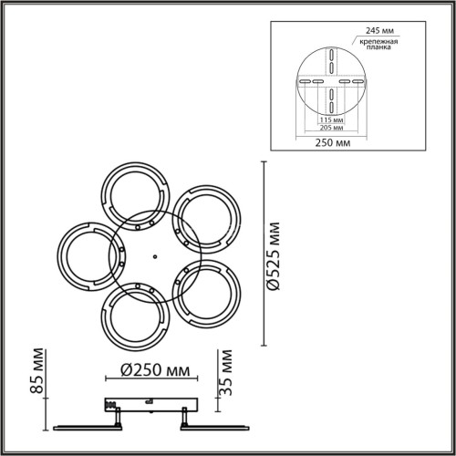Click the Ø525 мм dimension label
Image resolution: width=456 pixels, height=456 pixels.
coord(273,256)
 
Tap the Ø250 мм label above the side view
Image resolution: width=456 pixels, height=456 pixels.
coord(155,370)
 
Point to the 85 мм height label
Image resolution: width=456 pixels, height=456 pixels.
coord(37,371)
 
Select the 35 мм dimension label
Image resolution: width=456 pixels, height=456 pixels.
coord(225,373)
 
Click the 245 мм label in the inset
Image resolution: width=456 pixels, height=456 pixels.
coord(379,31)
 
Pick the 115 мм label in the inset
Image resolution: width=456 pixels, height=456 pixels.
coord(332,119)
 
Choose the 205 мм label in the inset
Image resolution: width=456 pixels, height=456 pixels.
coord(332,128)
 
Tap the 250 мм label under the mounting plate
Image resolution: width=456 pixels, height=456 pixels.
coord(333,142)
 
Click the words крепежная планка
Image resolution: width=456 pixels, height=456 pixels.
coord(378,45)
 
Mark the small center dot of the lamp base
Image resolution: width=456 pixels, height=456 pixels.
coord(155,257)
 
